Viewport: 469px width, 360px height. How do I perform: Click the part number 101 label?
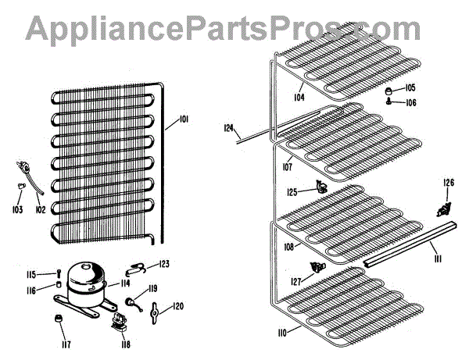pyautogui.click(x=184, y=119)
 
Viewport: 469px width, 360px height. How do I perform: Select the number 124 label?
pyautogui.click(x=228, y=127)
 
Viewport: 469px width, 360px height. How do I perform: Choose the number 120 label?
pyautogui.click(x=178, y=305)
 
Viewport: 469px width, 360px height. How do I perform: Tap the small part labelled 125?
pyautogui.click(x=320, y=186)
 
